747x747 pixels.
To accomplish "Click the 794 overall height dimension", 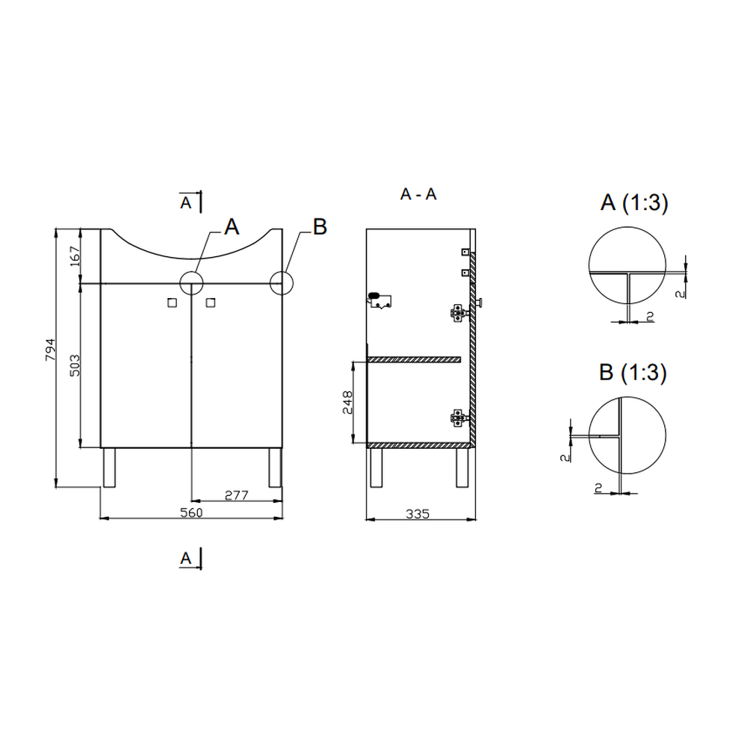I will tap(49, 351).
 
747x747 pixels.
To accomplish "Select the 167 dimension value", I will tap(74, 256).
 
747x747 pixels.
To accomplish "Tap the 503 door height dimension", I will tap(74, 365).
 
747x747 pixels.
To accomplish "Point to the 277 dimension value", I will tap(236, 495).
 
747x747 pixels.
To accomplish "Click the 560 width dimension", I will tap(192, 512).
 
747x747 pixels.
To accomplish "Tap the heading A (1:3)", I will tap(633, 203).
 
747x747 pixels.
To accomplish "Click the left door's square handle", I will tap(173, 303).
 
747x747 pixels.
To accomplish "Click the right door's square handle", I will tap(210, 303).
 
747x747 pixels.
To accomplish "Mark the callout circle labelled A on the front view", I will tap(192, 283).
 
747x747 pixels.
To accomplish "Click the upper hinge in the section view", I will tap(456, 312).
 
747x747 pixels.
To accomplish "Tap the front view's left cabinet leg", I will tap(109, 468).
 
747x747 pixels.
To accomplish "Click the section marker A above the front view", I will tap(187, 202).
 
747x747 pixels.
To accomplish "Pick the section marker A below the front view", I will tap(187, 557).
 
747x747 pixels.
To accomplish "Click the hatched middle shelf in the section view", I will tap(416, 360).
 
